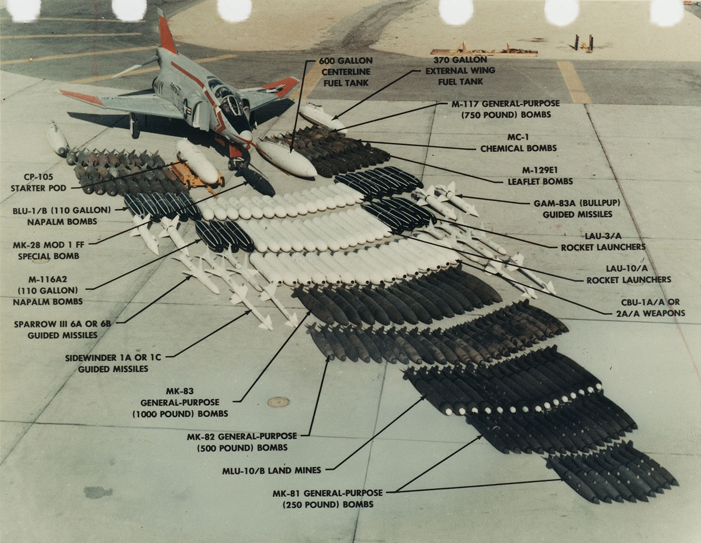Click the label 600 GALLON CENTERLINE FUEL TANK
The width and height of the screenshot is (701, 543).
[x=345, y=72]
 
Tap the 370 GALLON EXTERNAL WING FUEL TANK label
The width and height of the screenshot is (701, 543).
[x=460, y=71]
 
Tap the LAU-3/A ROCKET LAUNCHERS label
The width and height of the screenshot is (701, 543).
[x=603, y=242]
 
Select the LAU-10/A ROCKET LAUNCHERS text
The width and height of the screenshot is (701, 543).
[x=629, y=275]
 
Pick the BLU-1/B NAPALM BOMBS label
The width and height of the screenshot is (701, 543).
[x=53, y=215]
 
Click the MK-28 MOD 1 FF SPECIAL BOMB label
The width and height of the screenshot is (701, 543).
[x=45, y=250]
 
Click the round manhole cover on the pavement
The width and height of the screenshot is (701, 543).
[x=278, y=402]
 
